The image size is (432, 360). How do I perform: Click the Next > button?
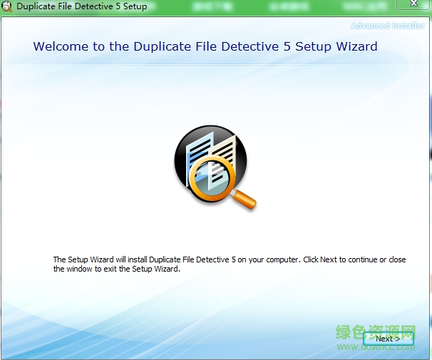[x=388, y=339]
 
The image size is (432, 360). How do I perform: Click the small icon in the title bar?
[x=8, y=7]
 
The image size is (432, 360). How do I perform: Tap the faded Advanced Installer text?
[x=388, y=26]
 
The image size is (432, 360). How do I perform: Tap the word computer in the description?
[x=278, y=260]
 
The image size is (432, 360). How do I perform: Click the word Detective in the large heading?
[x=231, y=47]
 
